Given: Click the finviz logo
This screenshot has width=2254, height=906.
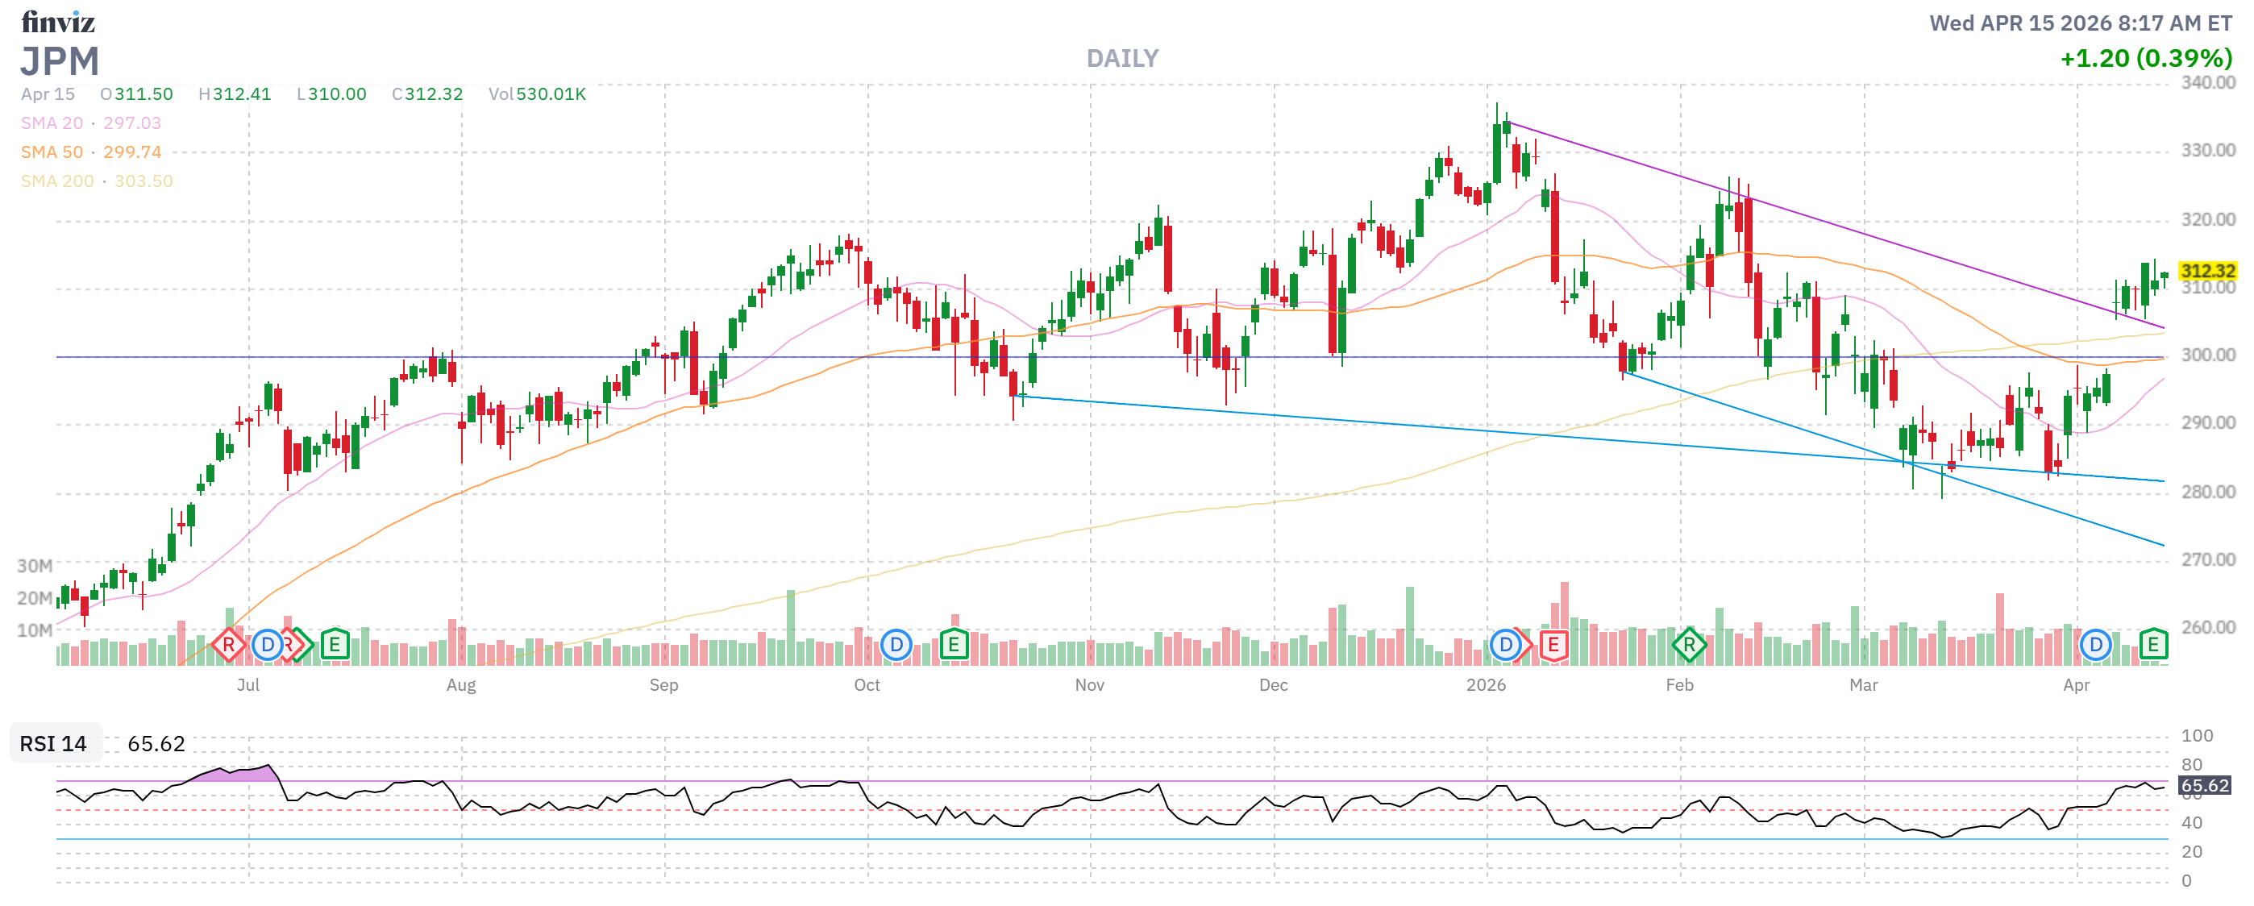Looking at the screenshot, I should pyautogui.click(x=58, y=22).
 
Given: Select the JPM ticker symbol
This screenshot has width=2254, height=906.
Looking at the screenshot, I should pyautogui.click(x=60, y=62).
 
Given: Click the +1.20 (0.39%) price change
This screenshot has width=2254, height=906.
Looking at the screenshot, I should pyautogui.click(x=2144, y=59).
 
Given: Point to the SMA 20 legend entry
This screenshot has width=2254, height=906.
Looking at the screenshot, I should pyautogui.click(x=91, y=123).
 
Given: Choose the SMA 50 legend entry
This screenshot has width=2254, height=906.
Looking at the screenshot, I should pyautogui.click(x=91, y=152).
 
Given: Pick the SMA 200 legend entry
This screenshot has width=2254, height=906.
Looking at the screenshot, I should pyautogui.click(x=96, y=181).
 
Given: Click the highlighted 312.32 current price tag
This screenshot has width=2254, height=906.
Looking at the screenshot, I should pyautogui.click(x=2206, y=271).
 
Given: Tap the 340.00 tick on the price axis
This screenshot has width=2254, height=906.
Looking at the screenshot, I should pyautogui.click(x=2206, y=83).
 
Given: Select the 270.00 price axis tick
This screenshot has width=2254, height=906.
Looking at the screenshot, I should pyautogui.click(x=2206, y=559).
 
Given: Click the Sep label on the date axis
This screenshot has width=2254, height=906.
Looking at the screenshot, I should pyautogui.click(x=663, y=685).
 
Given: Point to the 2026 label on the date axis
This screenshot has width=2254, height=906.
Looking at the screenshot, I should pyautogui.click(x=1486, y=685).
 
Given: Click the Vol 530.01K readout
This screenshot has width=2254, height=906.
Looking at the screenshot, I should pyautogui.click(x=536, y=94).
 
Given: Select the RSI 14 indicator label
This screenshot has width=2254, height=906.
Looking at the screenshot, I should pyautogui.click(x=53, y=743).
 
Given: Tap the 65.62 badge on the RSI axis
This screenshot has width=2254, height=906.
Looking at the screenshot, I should pyautogui.click(x=2203, y=785).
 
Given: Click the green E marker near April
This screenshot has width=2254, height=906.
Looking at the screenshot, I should pyautogui.click(x=2152, y=646).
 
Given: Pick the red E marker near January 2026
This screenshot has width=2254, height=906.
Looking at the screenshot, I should pyautogui.click(x=1553, y=646).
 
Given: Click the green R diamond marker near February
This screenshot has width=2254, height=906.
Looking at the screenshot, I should pyautogui.click(x=1688, y=646).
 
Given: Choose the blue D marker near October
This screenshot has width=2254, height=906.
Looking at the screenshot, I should pyautogui.click(x=896, y=646).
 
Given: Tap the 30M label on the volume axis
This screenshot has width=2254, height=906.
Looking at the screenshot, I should pyautogui.click(x=34, y=566).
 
